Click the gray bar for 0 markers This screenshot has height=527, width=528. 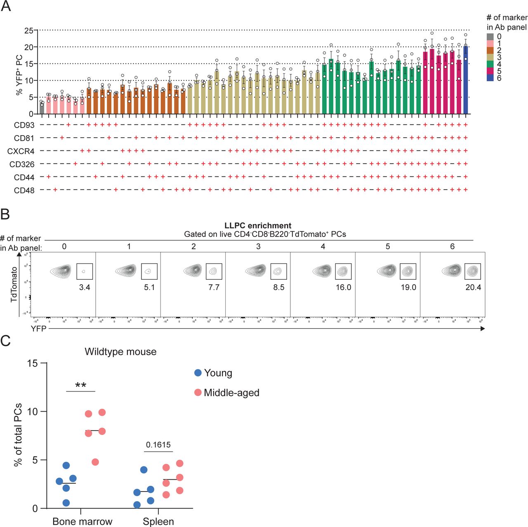(42, 108)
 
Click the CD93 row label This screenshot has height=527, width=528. (24, 125)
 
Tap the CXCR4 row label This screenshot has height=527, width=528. (21, 151)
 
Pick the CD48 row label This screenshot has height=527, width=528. (24, 190)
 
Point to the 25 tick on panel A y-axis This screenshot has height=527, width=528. (28, 30)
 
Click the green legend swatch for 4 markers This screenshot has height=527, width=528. (490, 64)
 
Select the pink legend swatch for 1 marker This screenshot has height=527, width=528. (490, 43)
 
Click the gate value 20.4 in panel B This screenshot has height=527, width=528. (473, 287)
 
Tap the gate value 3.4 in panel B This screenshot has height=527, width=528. (85, 287)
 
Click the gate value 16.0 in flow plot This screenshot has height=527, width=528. (343, 287)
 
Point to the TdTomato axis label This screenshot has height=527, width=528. (14, 284)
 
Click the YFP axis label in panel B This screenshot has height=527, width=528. (38, 328)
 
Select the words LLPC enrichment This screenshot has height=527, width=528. (258, 225)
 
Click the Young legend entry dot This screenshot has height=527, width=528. (198, 373)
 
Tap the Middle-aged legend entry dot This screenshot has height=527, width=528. (198, 393)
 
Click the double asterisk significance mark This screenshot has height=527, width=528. (81, 386)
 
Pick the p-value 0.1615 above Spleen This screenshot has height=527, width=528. (158, 445)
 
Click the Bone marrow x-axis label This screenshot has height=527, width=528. (82, 521)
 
